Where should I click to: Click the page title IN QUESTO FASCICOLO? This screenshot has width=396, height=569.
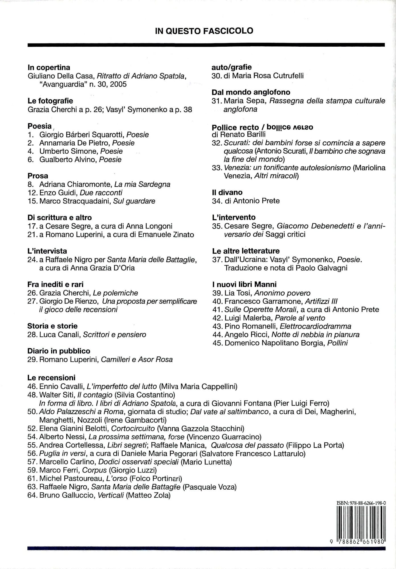(x=204, y=31)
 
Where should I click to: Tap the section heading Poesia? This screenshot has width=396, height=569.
(x=40, y=126)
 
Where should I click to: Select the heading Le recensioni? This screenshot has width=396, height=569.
(x=51, y=378)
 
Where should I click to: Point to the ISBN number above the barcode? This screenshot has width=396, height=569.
(x=361, y=503)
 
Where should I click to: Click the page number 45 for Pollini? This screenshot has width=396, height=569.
(x=217, y=343)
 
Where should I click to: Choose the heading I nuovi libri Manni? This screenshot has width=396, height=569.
(x=244, y=284)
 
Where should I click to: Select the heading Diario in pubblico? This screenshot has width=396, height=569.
(x=59, y=351)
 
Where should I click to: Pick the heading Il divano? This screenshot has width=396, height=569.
(x=227, y=192)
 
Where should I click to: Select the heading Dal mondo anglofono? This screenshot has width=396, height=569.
(x=251, y=92)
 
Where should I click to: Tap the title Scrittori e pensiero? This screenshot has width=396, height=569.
(x=114, y=335)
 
